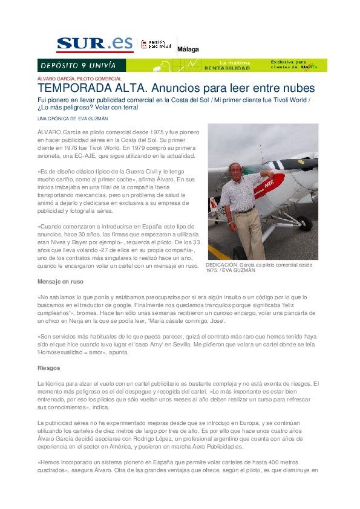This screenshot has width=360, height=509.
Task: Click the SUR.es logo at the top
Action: [x=94, y=44]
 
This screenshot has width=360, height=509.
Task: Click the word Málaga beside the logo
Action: [x=188, y=50]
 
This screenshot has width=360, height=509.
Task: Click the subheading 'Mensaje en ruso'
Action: [x=61, y=282]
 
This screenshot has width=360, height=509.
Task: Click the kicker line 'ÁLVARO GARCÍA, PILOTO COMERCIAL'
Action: [x=79, y=79]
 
